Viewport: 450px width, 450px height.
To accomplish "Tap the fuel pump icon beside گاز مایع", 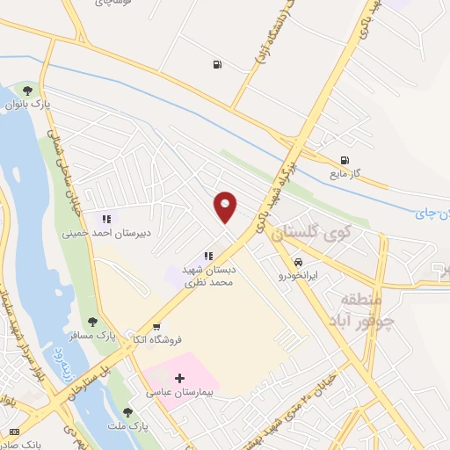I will [x=345, y=160].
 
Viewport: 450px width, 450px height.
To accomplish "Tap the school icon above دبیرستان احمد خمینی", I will [x=105, y=219].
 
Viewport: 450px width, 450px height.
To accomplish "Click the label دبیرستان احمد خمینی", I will [x=98, y=234].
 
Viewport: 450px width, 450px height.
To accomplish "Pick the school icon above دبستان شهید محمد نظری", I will [x=208, y=256].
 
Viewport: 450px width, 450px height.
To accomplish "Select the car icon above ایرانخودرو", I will [x=299, y=262].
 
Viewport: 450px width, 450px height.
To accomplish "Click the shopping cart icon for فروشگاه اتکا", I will [x=156, y=326].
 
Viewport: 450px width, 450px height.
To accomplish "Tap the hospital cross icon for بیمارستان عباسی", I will [x=180, y=379].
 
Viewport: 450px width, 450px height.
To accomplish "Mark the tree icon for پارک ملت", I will [x=128, y=412].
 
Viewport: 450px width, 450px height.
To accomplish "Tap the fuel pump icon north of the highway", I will [x=215, y=63].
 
